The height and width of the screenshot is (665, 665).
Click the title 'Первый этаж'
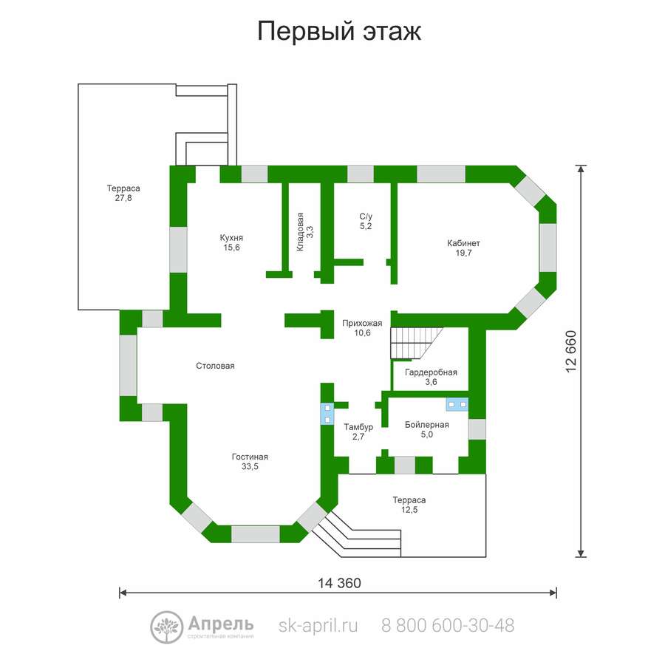pyautogui.click(x=339, y=31)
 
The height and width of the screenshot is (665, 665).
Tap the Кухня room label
pyautogui.click(x=231, y=242)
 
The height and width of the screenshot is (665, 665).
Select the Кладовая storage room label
pyautogui.click(x=304, y=231)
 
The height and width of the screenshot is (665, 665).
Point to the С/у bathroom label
pyautogui.click(x=366, y=222)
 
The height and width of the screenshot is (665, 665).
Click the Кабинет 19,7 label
pyautogui.click(x=463, y=248)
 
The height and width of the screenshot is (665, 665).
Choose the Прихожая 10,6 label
pyautogui.click(x=362, y=328)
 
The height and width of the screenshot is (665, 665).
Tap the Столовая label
pyautogui.click(x=215, y=366)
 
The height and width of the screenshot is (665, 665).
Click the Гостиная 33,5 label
pyautogui.click(x=250, y=461)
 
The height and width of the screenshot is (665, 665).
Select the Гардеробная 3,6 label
pyautogui.click(x=431, y=377)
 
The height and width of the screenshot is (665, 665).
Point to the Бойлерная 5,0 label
pyautogui.click(x=426, y=429)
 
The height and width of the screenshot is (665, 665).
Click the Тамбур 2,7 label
pyautogui.click(x=358, y=432)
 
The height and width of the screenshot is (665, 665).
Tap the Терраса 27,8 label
pyautogui.click(x=123, y=193)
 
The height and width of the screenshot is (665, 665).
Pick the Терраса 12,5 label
pyautogui.click(x=409, y=505)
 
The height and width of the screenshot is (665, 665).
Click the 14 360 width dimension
pyautogui.click(x=339, y=583)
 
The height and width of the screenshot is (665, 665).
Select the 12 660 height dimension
pyautogui.click(x=571, y=352)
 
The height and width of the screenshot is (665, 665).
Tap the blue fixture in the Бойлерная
pyautogui.click(x=457, y=404)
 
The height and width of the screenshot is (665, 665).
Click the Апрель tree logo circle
pyautogui.click(x=167, y=627)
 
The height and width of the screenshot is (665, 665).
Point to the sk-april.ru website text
pyautogui.click(x=318, y=626)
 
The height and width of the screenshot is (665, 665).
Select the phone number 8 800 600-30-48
pyautogui.click(x=448, y=626)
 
